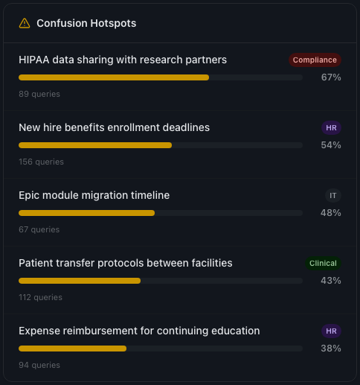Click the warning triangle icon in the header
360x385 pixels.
click(25, 23)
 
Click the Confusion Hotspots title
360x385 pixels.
click(86, 23)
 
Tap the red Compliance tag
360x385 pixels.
click(315, 60)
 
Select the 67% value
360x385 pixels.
click(331, 77)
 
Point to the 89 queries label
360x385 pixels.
click(39, 94)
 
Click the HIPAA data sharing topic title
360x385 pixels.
click(123, 60)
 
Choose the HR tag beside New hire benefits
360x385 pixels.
click(331, 127)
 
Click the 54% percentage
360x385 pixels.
click(331, 145)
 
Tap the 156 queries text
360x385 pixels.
click(42, 162)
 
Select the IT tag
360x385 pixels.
click(332, 195)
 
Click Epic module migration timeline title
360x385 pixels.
click(94, 195)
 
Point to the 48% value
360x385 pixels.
click(331, 213)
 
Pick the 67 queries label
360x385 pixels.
click(39, 229)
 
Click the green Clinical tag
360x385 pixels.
click(324, 263)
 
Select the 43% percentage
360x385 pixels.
click(331, 281)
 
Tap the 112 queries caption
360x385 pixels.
click(41, 297)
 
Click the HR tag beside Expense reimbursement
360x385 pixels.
click(331, 331)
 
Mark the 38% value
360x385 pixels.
click(331, 349)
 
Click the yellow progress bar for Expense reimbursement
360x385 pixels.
click(73, 349)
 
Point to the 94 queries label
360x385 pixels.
click(39, 365)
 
